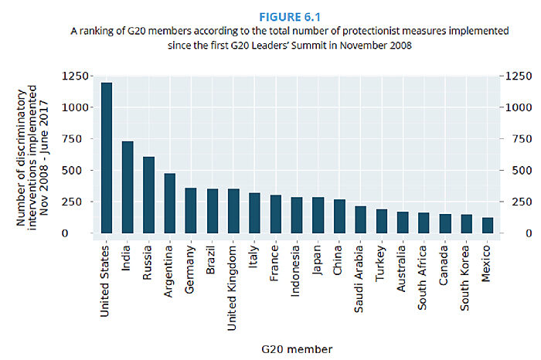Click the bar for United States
[107, 158]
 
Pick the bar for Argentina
[170, 203]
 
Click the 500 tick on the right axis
[515, 171]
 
